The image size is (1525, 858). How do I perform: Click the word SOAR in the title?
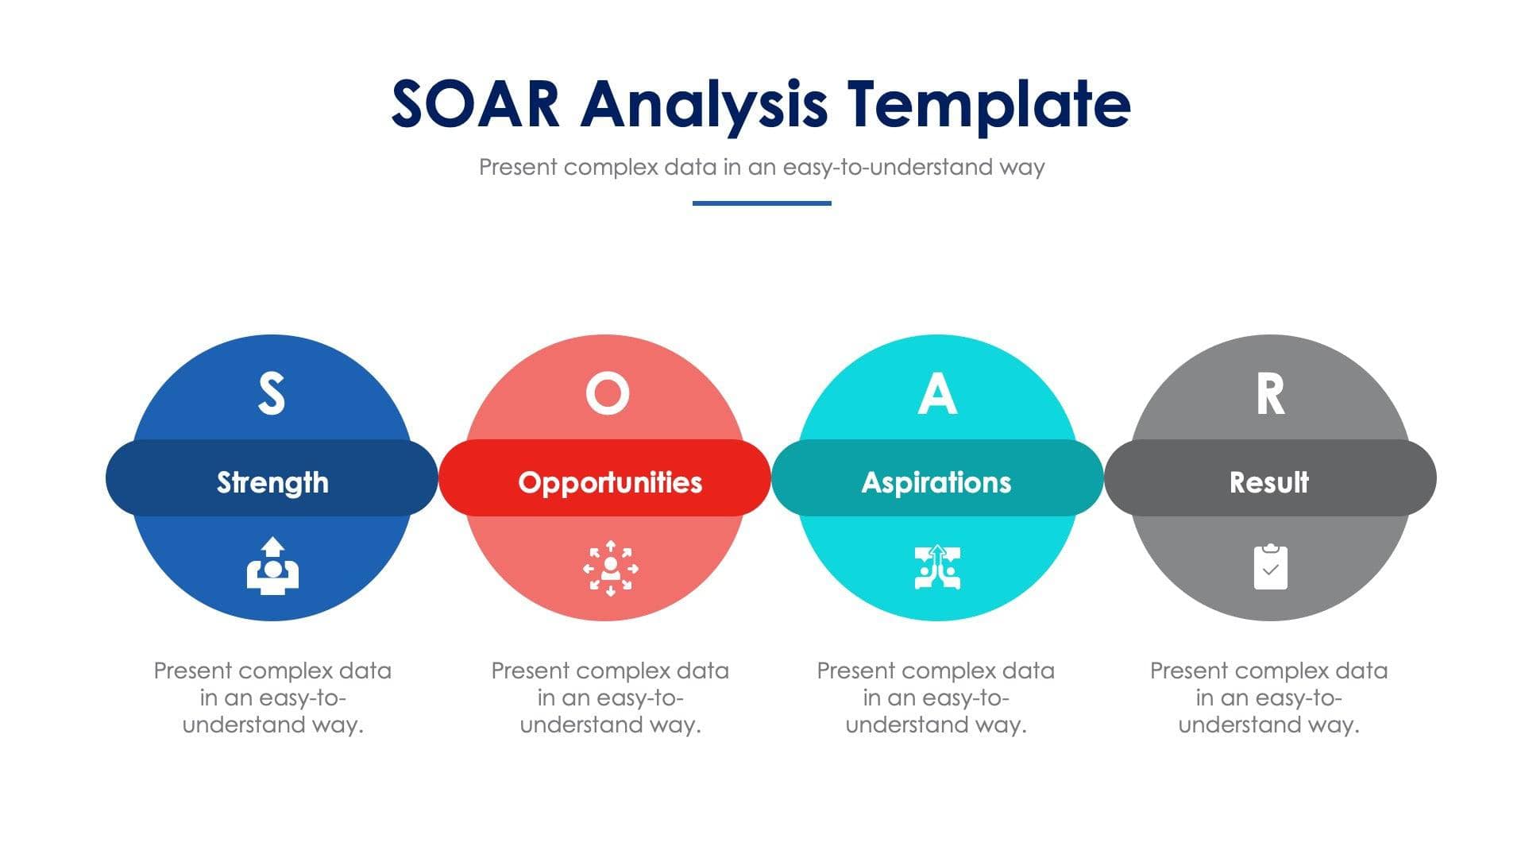click(x=476, y=104)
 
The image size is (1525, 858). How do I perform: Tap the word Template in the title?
click(x=988, y=104)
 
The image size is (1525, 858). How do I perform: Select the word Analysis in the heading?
click(x=704, y=104)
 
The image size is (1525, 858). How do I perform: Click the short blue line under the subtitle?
click(x=762, y=203)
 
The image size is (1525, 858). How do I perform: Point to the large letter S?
click(x=272, y=394)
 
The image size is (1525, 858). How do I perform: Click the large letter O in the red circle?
click(x=608, y=394)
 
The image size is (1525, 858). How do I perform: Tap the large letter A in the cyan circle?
click(x=937, y=394)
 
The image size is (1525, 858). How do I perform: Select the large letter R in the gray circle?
click(x=1270, y=394)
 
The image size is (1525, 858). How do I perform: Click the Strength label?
click(x=272, y=482)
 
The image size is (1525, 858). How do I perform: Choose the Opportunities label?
click(x=610, y=482)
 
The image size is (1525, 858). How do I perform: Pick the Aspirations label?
click(x=936, y=482)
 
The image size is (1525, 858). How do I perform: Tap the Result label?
click(x=1269, y=482)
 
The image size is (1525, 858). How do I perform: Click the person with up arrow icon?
click(x=272, y=566)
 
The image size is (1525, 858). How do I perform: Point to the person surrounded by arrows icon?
click(x=610, y=568)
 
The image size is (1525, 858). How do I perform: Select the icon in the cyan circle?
click(x=937, y=567)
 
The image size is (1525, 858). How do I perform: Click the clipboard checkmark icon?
click(x=1270, y=567)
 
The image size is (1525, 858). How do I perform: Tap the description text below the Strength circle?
click(x=272, y=698)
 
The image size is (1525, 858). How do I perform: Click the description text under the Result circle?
click(x=1269, y=698)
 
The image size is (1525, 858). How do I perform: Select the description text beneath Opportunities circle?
click(x=610, y=698)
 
